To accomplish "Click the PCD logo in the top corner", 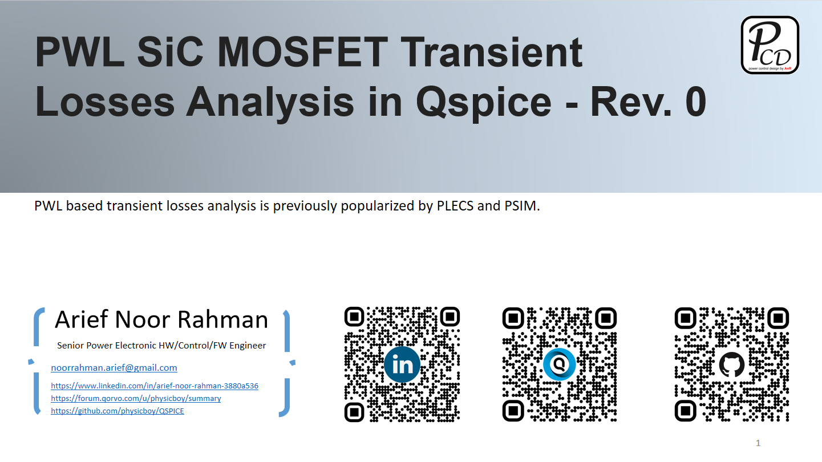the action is tap(770, 44).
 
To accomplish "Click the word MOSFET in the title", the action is tap(302, 52).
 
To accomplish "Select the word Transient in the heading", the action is tap(491, 52).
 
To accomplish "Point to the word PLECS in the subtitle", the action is tap(455, 206).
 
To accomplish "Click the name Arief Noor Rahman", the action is tap(161, 319).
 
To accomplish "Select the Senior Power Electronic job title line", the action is tap(161, 346).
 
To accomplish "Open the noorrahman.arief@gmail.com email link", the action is tap(114, 368).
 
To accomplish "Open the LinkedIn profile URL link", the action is tap(155, 386).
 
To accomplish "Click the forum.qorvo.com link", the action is tap(136, 398).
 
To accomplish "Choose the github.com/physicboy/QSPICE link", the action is tap(118, 411).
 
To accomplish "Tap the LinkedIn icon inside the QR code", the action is tap(402, 365).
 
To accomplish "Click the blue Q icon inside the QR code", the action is tap(559, 364).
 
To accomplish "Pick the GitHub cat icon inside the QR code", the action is tap(732, 364).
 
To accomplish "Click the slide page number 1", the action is tap(758, 443).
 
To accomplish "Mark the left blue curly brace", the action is tap(36, 362).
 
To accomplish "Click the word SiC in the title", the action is tap(170, 52).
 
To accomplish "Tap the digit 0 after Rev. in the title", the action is tap(695, 102).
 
